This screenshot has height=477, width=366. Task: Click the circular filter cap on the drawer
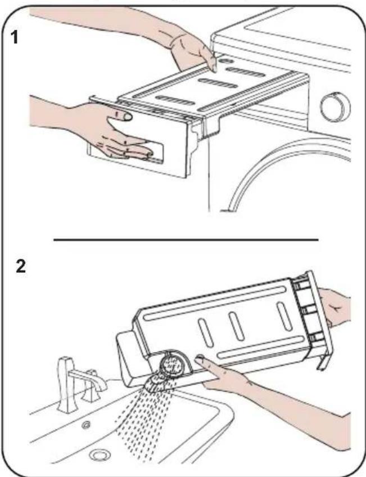171,364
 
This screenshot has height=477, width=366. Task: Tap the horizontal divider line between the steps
186,240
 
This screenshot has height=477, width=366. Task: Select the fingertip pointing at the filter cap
200,359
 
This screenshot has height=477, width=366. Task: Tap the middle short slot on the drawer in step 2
237,326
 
